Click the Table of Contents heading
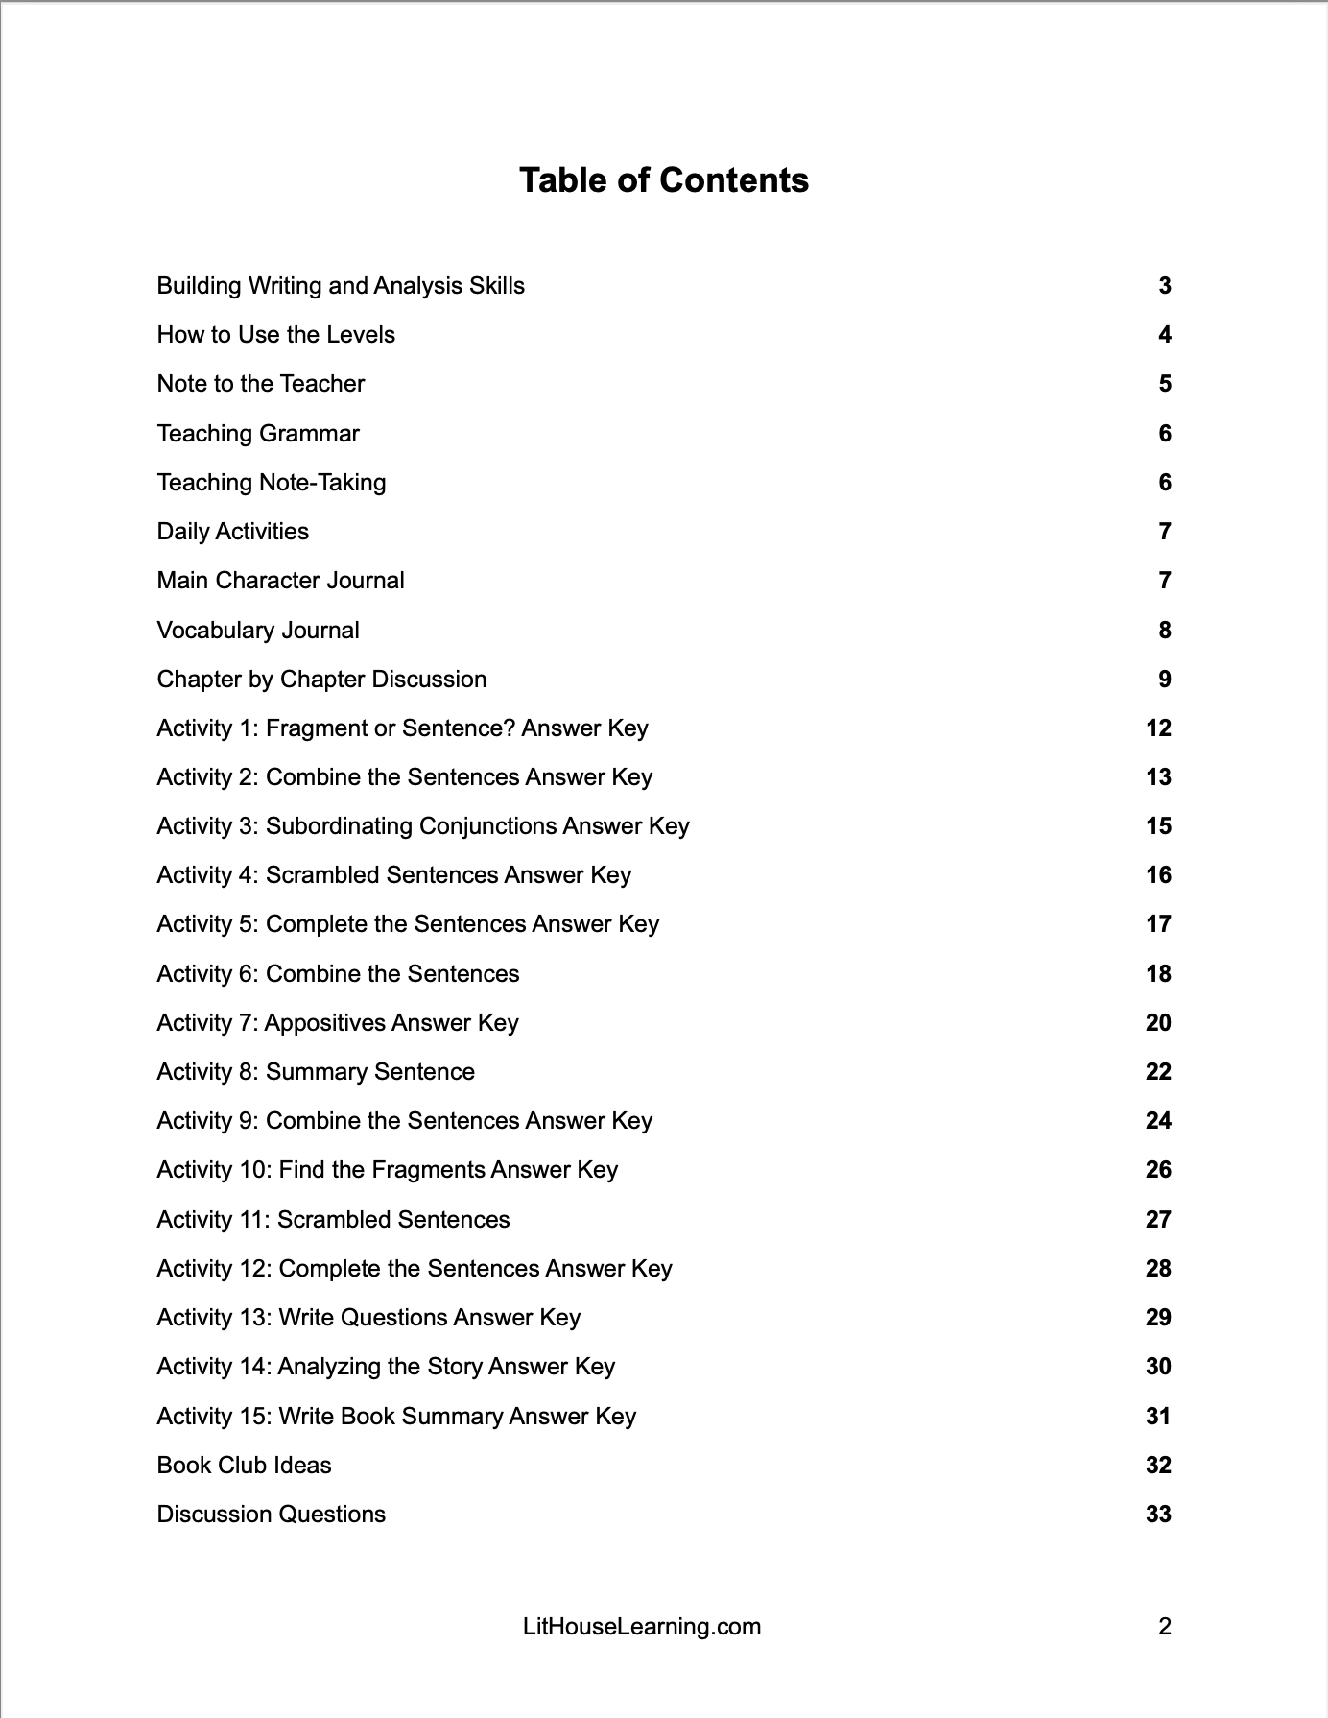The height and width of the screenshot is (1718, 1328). click(x=663, y=180)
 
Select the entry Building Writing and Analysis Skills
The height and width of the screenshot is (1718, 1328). click(x=341, y=286)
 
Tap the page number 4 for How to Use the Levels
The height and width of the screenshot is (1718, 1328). click(x=1164, y=335)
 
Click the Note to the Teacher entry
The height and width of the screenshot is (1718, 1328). click(x=261, y=384)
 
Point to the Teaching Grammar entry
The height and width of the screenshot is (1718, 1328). click(x=258, y=434)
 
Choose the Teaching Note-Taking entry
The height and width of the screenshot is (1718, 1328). click(x=272, y=483)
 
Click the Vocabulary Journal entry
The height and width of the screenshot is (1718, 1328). click(x=258, y=631)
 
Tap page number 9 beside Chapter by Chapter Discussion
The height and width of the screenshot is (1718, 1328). click(x=1164, y=680)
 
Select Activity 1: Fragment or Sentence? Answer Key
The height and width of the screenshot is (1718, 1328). click(x=402, y=728)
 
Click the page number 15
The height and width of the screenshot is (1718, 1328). click(x=1158, y=826)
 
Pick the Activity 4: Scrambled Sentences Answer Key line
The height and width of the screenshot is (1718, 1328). click(x=393, y=875)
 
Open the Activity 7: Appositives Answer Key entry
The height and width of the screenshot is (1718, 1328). click(x=338, y=1023)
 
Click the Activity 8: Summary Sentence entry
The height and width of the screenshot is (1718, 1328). click(x=316, y=1072)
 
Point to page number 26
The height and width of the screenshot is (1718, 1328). click(x=1158, y=1170)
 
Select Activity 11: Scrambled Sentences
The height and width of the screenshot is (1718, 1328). click(x=333, y=1220)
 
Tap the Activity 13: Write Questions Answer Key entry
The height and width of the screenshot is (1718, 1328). click(x=368, y=1318)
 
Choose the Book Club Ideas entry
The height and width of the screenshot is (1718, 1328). click(x=244, y=1466)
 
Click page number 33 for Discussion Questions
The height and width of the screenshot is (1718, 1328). click(x=1158, y=1515)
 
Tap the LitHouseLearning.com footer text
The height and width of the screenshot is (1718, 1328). click(x=642, y=1627)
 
